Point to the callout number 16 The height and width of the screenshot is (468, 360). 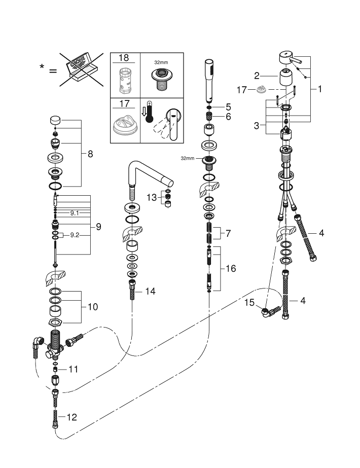coord(231,268)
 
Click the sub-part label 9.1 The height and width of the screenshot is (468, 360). coord(75,213)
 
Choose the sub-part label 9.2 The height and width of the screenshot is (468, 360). coord(75,235)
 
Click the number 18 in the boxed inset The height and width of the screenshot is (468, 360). coord(124,58)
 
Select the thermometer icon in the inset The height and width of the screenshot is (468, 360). coord(148,114)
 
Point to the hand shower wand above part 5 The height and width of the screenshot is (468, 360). coord(208,81)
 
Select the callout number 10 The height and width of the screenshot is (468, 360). coord(92,307)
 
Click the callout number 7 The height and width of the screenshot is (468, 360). coord(228,234)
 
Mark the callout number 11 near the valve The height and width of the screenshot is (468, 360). coord(74,369)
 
